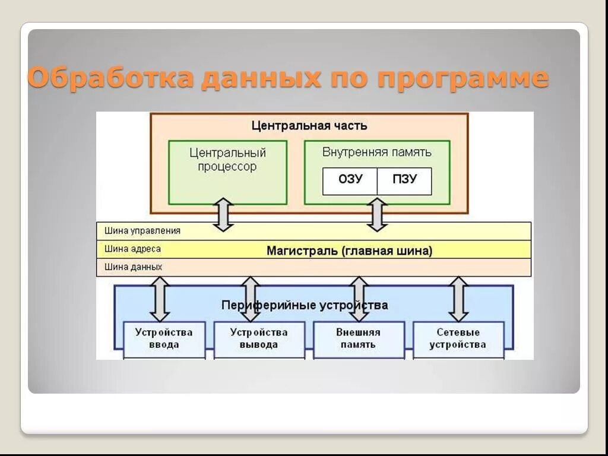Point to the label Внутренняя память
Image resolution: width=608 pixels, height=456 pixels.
coord(377,152)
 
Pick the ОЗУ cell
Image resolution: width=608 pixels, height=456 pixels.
coord(350,179)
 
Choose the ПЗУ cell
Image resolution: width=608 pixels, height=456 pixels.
coord(405,179)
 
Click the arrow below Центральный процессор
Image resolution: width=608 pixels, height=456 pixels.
coord(223,215)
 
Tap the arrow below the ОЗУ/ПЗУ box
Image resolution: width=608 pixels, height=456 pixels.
coord(377,215)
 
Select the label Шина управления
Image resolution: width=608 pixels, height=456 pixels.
coord(142,230)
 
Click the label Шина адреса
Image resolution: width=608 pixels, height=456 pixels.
coord(133,249)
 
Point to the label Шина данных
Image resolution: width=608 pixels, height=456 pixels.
coord(134,267)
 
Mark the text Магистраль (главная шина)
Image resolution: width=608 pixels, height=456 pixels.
coord(349,251)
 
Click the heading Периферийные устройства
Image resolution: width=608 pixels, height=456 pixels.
coord(305,305)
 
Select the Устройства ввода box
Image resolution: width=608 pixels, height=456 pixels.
coord(164,339)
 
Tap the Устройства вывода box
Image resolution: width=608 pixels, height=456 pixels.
coord(259,339)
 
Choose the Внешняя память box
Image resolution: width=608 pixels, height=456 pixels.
coord(358,339)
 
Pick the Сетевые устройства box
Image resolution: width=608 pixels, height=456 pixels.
coord(458,339)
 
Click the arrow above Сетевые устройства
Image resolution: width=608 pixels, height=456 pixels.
coord(458,299)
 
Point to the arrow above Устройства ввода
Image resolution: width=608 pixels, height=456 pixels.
coord(160,299)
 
